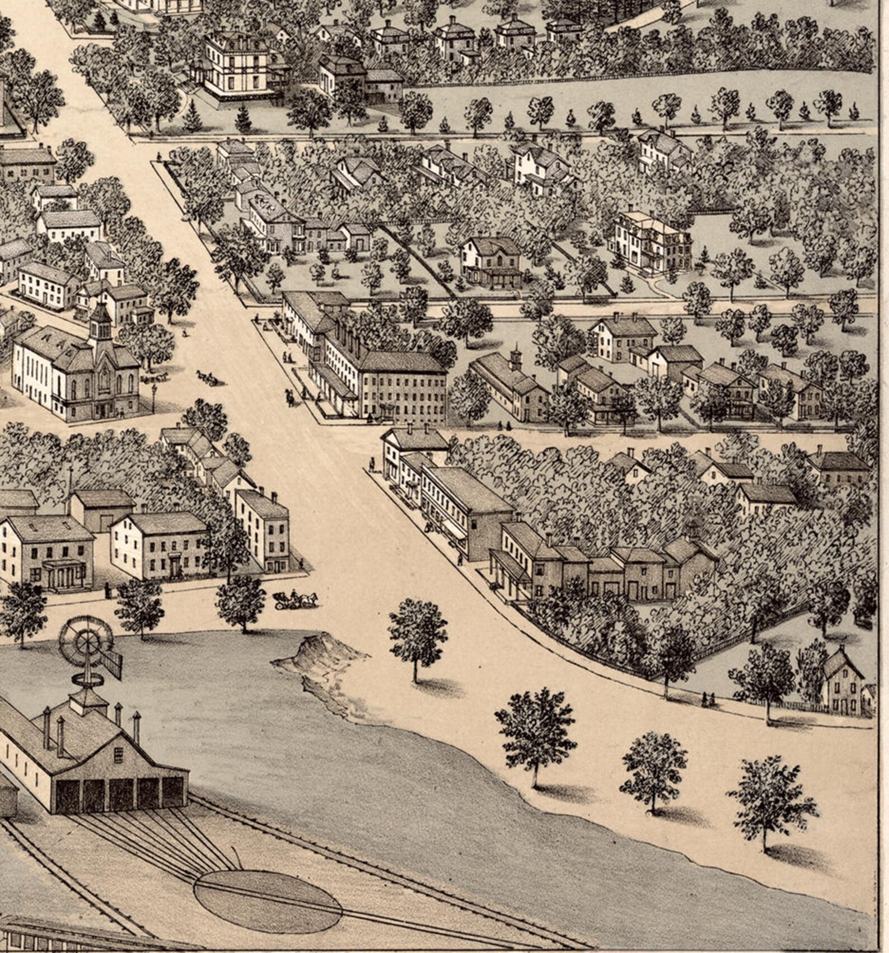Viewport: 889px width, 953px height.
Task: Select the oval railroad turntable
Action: click(x=268, y=901)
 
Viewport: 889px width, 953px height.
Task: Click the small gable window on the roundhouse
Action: click(x=118, y=755)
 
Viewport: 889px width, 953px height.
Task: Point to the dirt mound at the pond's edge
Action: click(x=314, y=652)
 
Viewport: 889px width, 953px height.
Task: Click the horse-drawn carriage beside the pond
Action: click(x=295, y=600)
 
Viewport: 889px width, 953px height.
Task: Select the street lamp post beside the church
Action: click(x=154, y=396)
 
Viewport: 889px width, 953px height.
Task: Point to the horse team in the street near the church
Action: click(x=208, y=378)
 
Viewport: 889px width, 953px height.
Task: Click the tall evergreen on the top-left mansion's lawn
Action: click(x=243, y=118)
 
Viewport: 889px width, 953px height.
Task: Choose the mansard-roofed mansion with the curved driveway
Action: click(x=651, y=242)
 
